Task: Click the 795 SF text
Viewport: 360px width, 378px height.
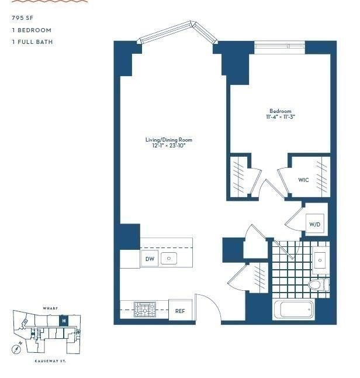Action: pos(22,18)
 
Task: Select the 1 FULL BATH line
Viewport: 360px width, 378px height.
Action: pos(33,42)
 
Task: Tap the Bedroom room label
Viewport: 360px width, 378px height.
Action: pos(280,111)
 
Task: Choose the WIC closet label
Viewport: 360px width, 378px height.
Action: pos(303,180)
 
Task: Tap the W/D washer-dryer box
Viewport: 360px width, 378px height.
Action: pos(315,224)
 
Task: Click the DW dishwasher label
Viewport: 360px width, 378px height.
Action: pos(149,259)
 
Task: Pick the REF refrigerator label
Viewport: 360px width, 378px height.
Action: pos(180,311)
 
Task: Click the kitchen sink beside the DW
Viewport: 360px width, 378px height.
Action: pos(169,258)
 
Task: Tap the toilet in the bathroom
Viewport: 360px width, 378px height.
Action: pos(317,285)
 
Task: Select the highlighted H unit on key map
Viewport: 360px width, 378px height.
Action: pos(64,321)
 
